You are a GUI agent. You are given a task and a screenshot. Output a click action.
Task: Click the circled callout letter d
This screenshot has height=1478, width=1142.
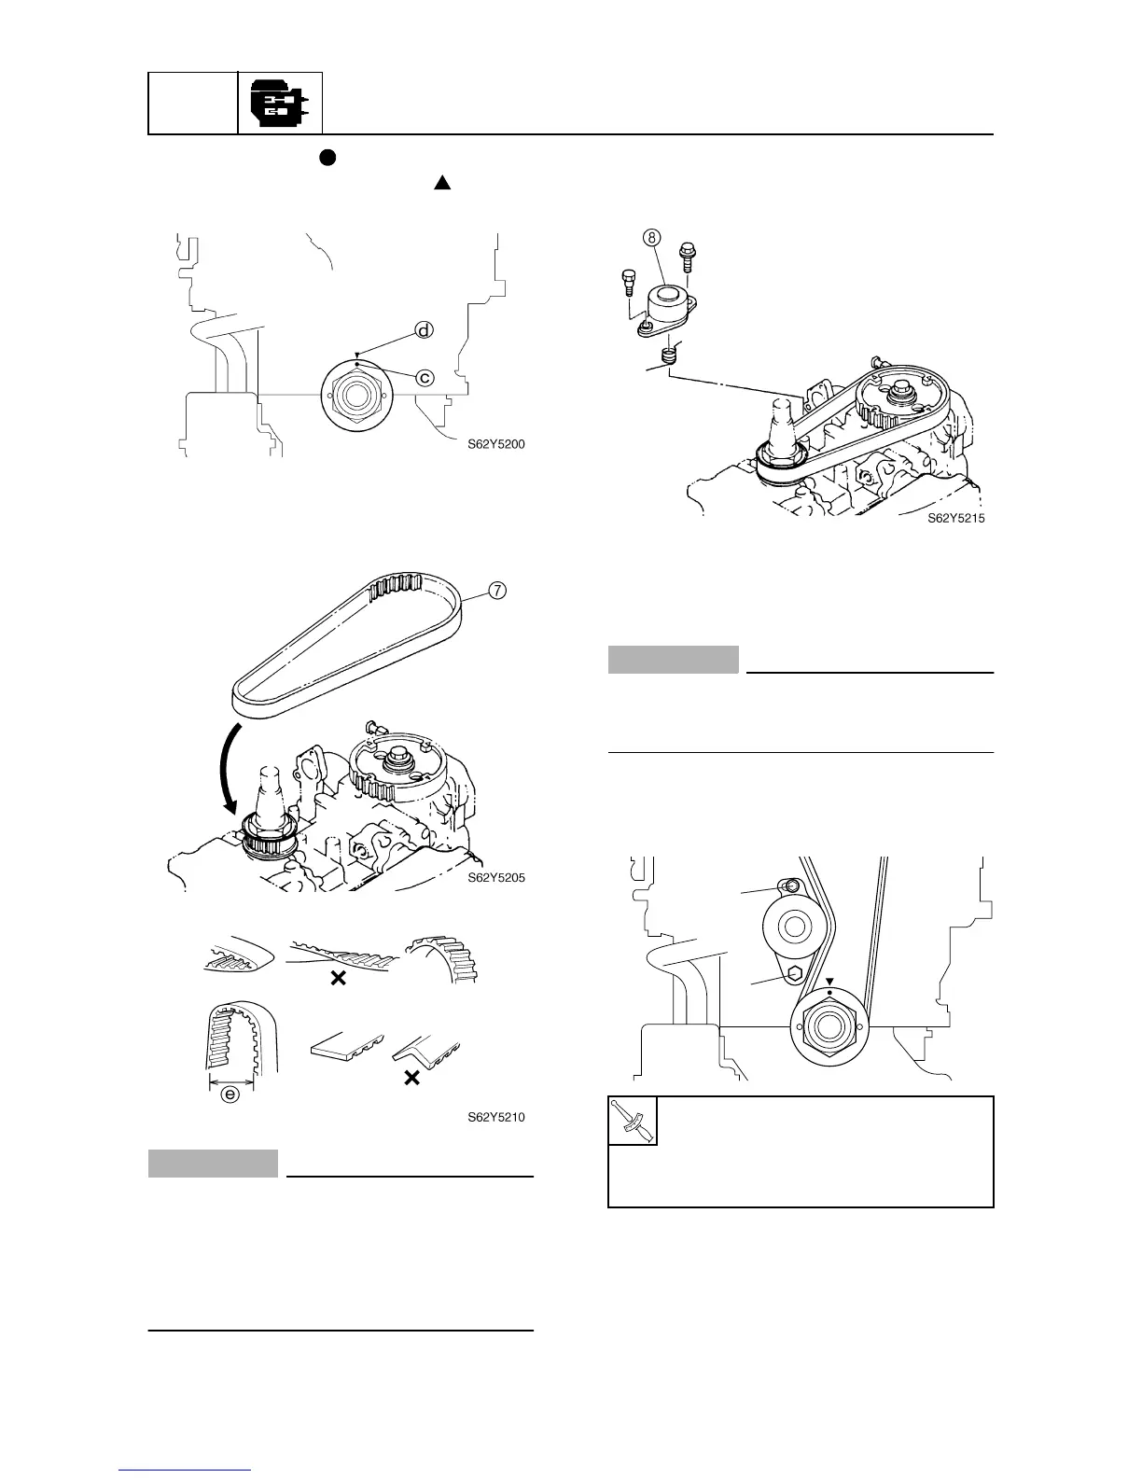point(424,331)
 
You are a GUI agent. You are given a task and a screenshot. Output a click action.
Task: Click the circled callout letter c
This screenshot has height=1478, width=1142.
point(424,378)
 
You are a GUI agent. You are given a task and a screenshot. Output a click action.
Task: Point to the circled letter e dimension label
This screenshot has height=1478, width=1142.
point(230,1095)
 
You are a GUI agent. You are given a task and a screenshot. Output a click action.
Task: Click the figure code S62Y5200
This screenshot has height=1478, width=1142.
point(496,444)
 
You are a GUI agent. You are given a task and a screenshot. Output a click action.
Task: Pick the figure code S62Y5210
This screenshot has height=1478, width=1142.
point(496,1116)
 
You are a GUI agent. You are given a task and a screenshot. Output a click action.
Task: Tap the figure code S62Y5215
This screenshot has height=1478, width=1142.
point(955,519)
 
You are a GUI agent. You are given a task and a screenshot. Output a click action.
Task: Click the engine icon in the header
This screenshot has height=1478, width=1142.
point(280,104)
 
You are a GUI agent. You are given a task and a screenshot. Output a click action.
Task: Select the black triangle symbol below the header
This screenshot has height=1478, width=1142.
point(442,182)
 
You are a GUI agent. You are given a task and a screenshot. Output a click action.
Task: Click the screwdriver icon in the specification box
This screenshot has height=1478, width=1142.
point(633,1120)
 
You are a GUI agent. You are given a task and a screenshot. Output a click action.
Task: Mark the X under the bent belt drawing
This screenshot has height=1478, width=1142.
point(411,1079)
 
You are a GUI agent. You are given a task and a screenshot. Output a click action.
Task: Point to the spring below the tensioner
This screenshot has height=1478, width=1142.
point(667,356)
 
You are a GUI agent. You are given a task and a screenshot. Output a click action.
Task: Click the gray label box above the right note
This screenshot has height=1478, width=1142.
point(673,659)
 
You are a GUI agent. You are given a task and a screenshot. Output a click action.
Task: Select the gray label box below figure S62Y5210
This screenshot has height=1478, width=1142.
point(213,1164)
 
